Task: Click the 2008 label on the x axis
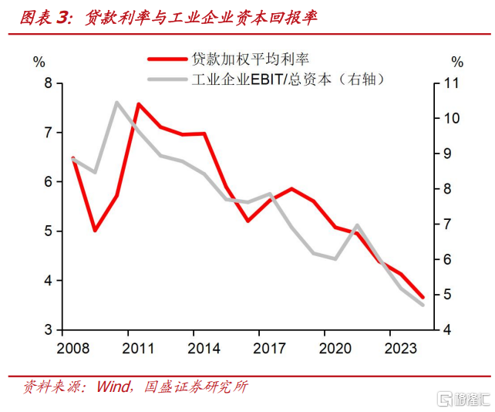coord(72,346)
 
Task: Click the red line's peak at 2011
coord(138,104)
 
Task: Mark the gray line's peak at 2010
coord(116,102)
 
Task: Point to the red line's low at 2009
coord(94,230)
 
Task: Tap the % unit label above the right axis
coord(457,62)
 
